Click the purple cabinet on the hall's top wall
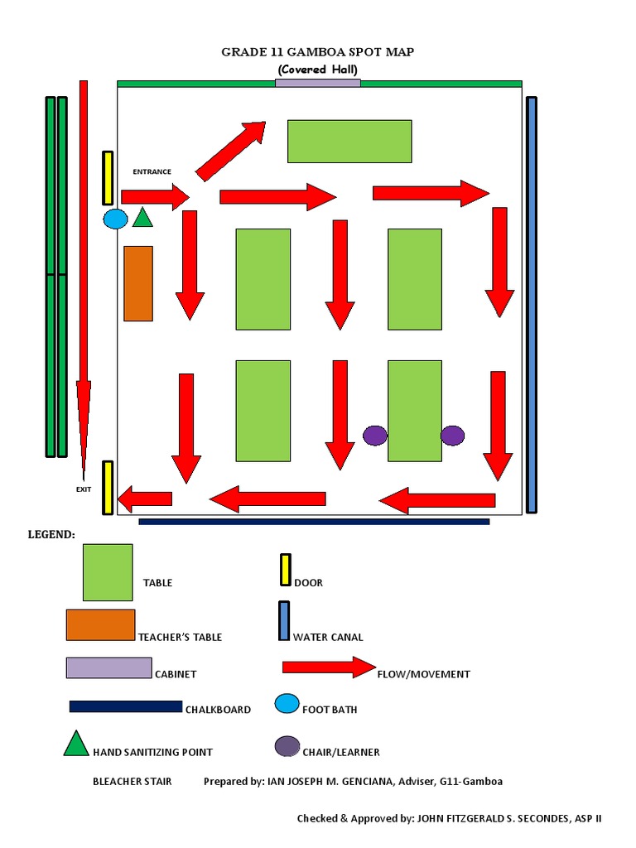pos(318,83)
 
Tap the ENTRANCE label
pos(152,172)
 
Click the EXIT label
pos(84,489)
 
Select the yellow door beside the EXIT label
pos(108,488)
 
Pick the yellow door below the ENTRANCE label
pos(108,178)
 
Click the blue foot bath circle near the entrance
pos(115,219)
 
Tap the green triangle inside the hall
pos(143,218)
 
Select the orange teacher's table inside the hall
pos(138,283)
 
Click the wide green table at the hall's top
pos(349,142)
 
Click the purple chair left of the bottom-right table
pos(375,436)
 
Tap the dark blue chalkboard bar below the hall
pos(314,522)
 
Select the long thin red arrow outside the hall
pos(83,273)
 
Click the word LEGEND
pos(51,535)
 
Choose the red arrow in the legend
pos(329,667)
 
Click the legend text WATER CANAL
pos(328,637)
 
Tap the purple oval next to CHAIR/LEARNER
pos(287,746)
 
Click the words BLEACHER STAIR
pos(132,782)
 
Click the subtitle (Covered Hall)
pos(318,70)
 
